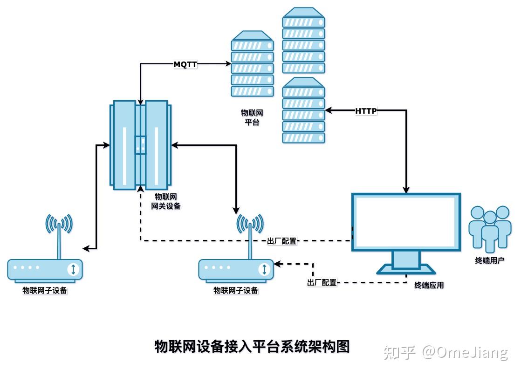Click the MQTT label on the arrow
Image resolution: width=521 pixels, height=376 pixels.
pos(185,64)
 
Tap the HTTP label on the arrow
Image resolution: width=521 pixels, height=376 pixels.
pos(366,111)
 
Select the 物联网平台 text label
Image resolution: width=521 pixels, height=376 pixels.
pos(252,117)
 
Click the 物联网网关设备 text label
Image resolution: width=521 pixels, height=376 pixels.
pos(165,201)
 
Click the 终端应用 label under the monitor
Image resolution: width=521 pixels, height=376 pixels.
pos(429,285)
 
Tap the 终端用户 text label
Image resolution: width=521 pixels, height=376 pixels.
pos(489,260)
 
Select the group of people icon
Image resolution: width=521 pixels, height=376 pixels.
pos(489,228)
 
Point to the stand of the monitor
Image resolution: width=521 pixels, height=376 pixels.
pos(406,261)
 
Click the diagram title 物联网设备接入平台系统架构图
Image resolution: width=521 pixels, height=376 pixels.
pos(252,346)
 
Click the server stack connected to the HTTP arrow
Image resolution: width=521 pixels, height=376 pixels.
pos(303,110)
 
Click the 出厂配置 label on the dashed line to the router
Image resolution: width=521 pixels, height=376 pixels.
pos(322,282)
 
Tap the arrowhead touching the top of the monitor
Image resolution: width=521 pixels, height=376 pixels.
pos(406,190)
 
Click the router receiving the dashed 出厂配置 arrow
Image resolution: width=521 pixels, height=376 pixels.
pos(236,269)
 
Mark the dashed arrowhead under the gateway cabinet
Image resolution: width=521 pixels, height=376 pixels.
pos(140,188)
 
